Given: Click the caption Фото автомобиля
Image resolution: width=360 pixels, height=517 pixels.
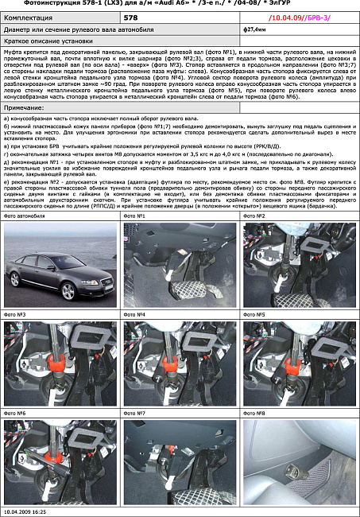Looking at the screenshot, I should tap(25, 216).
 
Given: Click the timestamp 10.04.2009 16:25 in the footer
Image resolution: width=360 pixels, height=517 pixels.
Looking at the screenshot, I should tap(25, 512).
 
